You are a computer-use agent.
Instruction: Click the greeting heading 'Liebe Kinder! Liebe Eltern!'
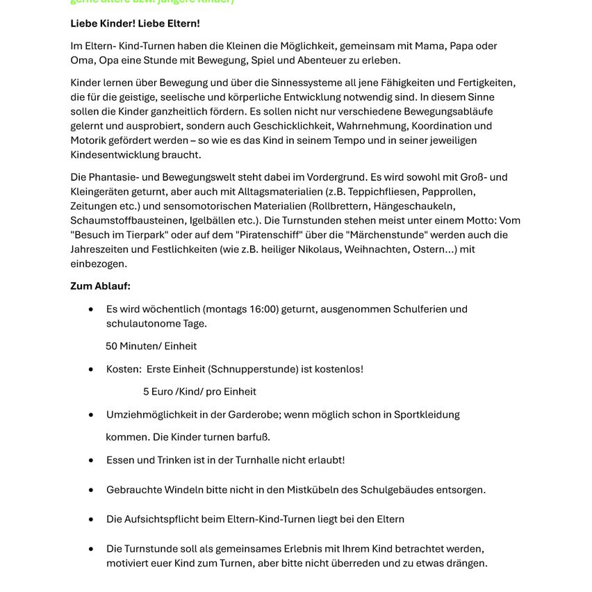coord(135,24)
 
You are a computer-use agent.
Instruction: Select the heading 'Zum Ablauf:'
coord(100,286)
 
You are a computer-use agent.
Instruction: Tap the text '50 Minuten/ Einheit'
coord(151,346)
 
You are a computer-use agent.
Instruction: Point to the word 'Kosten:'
coord(124,369)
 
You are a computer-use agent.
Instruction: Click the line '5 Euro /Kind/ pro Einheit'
coord(199,391)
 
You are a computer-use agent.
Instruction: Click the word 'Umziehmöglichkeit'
coord(149,415)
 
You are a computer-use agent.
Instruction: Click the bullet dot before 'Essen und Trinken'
coord(91,460)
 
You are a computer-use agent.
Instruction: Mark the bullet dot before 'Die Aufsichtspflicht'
coord(91,519)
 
